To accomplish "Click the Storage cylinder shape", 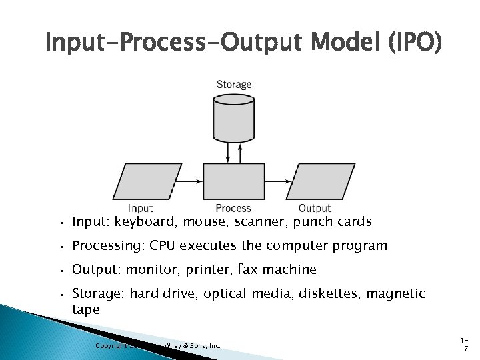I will pos(233,119).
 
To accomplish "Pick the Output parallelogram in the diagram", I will pos(315,181).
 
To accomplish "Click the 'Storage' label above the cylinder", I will pos(234,85).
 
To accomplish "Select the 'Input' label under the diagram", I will pos(140,209).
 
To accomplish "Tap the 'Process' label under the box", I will pos(233,209).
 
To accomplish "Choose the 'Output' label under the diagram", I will pos(315,209).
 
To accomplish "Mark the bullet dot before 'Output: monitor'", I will pos(60,271).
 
